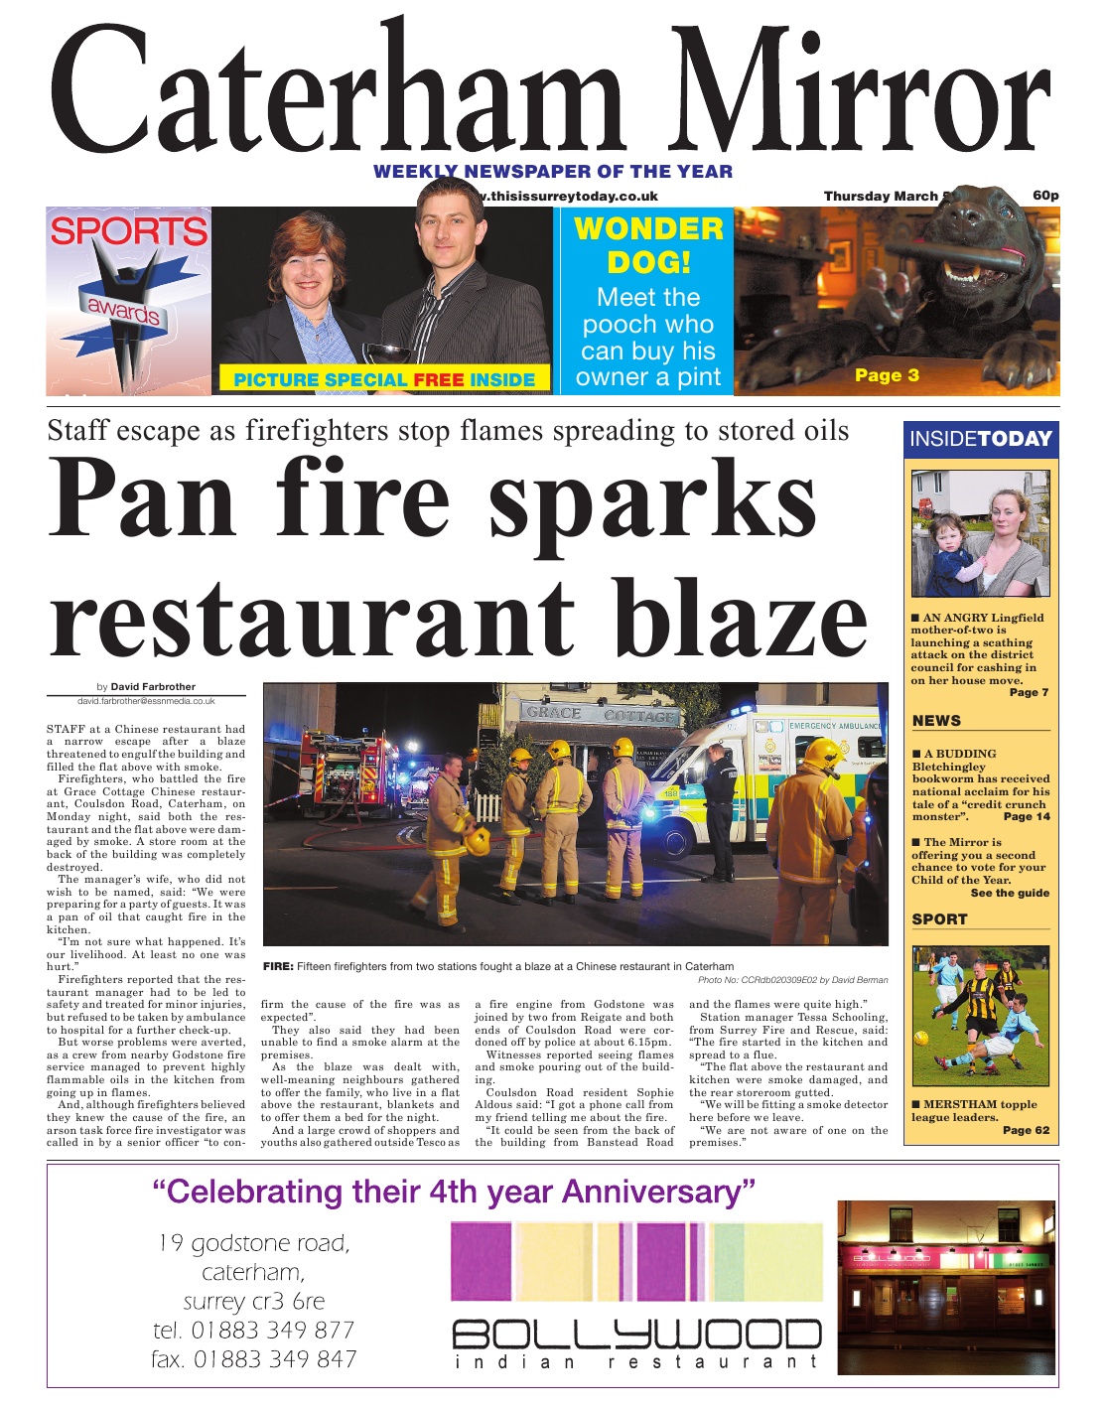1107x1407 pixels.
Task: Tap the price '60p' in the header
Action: pos(1045,195)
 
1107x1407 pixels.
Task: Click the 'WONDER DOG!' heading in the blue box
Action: pos(648,245)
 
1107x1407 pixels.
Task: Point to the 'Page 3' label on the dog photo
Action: pos(887,375)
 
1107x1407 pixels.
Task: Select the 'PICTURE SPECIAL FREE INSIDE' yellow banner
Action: pos(384,379)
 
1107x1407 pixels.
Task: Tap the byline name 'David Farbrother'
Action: pos(153,686)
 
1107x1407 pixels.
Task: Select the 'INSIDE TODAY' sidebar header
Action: pos(981,439)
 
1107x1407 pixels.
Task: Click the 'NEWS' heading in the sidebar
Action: pos(936,721)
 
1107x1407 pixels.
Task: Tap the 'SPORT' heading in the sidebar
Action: pos(939,919)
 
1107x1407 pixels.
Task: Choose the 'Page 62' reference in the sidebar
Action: pos(1026,1130)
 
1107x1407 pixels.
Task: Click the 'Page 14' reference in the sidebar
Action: pos(1027,816)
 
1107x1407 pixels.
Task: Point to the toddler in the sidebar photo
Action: pos(950,554)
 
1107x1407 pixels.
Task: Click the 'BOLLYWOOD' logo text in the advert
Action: pos(636,1335)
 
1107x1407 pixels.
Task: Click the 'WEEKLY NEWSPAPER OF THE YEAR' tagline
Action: pos(553,172)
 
